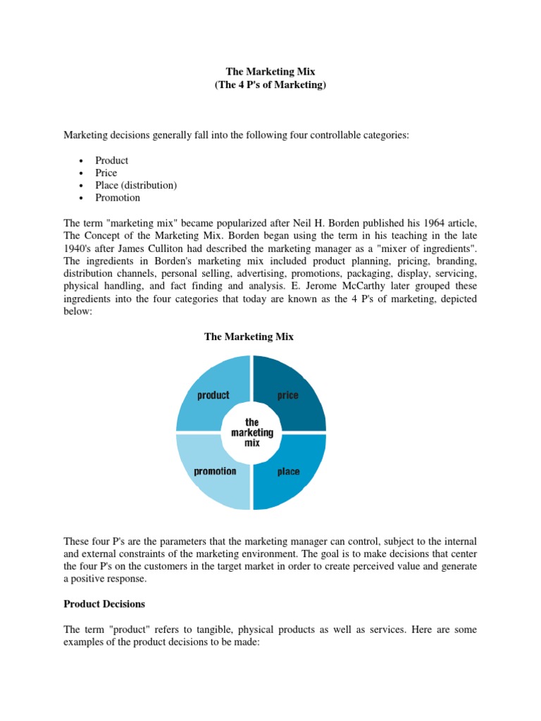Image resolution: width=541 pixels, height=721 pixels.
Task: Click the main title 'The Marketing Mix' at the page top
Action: pos(270,71)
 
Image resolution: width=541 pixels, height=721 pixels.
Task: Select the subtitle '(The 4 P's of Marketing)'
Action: pos(270,84)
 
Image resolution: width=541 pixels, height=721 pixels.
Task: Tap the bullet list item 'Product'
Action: pos(112,161)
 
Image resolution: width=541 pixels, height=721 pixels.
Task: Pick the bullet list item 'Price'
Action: pos(106,173)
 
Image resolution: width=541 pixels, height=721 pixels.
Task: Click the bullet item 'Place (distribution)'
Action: pos(136,185)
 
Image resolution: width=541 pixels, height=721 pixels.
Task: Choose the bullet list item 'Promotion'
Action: pos(118,198)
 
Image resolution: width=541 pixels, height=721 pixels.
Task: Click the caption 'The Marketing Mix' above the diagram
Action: pos(249,337)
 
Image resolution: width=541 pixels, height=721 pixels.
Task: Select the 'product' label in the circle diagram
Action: pos(213,395)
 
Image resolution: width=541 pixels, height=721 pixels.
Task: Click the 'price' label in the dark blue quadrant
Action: pos(287,395)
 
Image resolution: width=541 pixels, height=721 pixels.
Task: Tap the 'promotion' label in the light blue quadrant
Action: pos(215,470)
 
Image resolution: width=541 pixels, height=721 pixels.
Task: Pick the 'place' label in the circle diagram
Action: pos(287,471)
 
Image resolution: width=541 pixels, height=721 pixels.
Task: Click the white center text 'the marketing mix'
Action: pos(251,433)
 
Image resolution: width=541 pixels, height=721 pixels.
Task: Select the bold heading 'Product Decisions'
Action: pos(104,603)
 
